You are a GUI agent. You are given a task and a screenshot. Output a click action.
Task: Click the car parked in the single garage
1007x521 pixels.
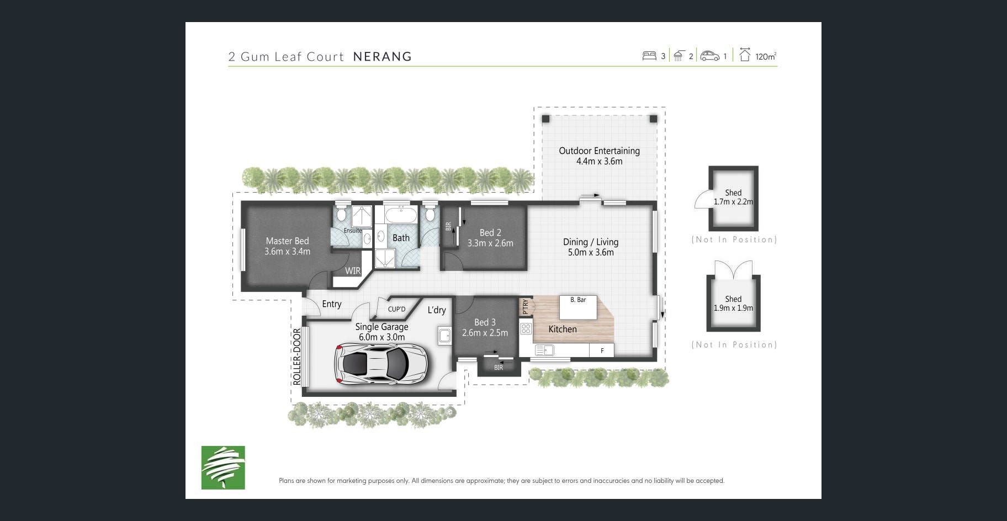[380, 363]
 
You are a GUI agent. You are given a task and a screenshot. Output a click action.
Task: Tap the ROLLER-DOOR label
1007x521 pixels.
[297, 357]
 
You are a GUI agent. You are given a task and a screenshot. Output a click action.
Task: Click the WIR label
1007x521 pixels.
[353, 270]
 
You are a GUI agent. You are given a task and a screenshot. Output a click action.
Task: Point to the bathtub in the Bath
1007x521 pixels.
[401, 215]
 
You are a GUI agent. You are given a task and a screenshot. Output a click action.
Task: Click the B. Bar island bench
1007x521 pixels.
[578, 307]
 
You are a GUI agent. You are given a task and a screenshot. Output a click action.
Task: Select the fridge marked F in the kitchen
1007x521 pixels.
[602, 350]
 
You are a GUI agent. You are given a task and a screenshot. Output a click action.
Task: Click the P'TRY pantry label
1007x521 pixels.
[526, 306]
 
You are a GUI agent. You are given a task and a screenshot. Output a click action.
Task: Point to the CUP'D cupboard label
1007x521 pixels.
[396, 309]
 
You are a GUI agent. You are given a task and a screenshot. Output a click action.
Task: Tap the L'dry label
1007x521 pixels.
[437, 310]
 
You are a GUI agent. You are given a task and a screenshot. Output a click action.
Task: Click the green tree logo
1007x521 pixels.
[223, 467]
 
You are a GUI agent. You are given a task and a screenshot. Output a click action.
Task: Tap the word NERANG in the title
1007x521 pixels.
[383, 56]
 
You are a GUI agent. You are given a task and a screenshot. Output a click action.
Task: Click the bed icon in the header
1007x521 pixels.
[649, 56]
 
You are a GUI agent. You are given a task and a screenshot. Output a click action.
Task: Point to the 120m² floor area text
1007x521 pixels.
[766, 56]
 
